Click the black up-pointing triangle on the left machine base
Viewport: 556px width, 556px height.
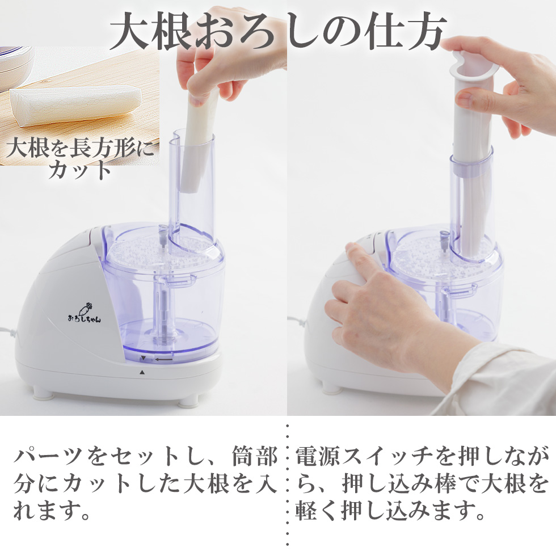142,372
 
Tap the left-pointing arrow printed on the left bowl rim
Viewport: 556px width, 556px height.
165,359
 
